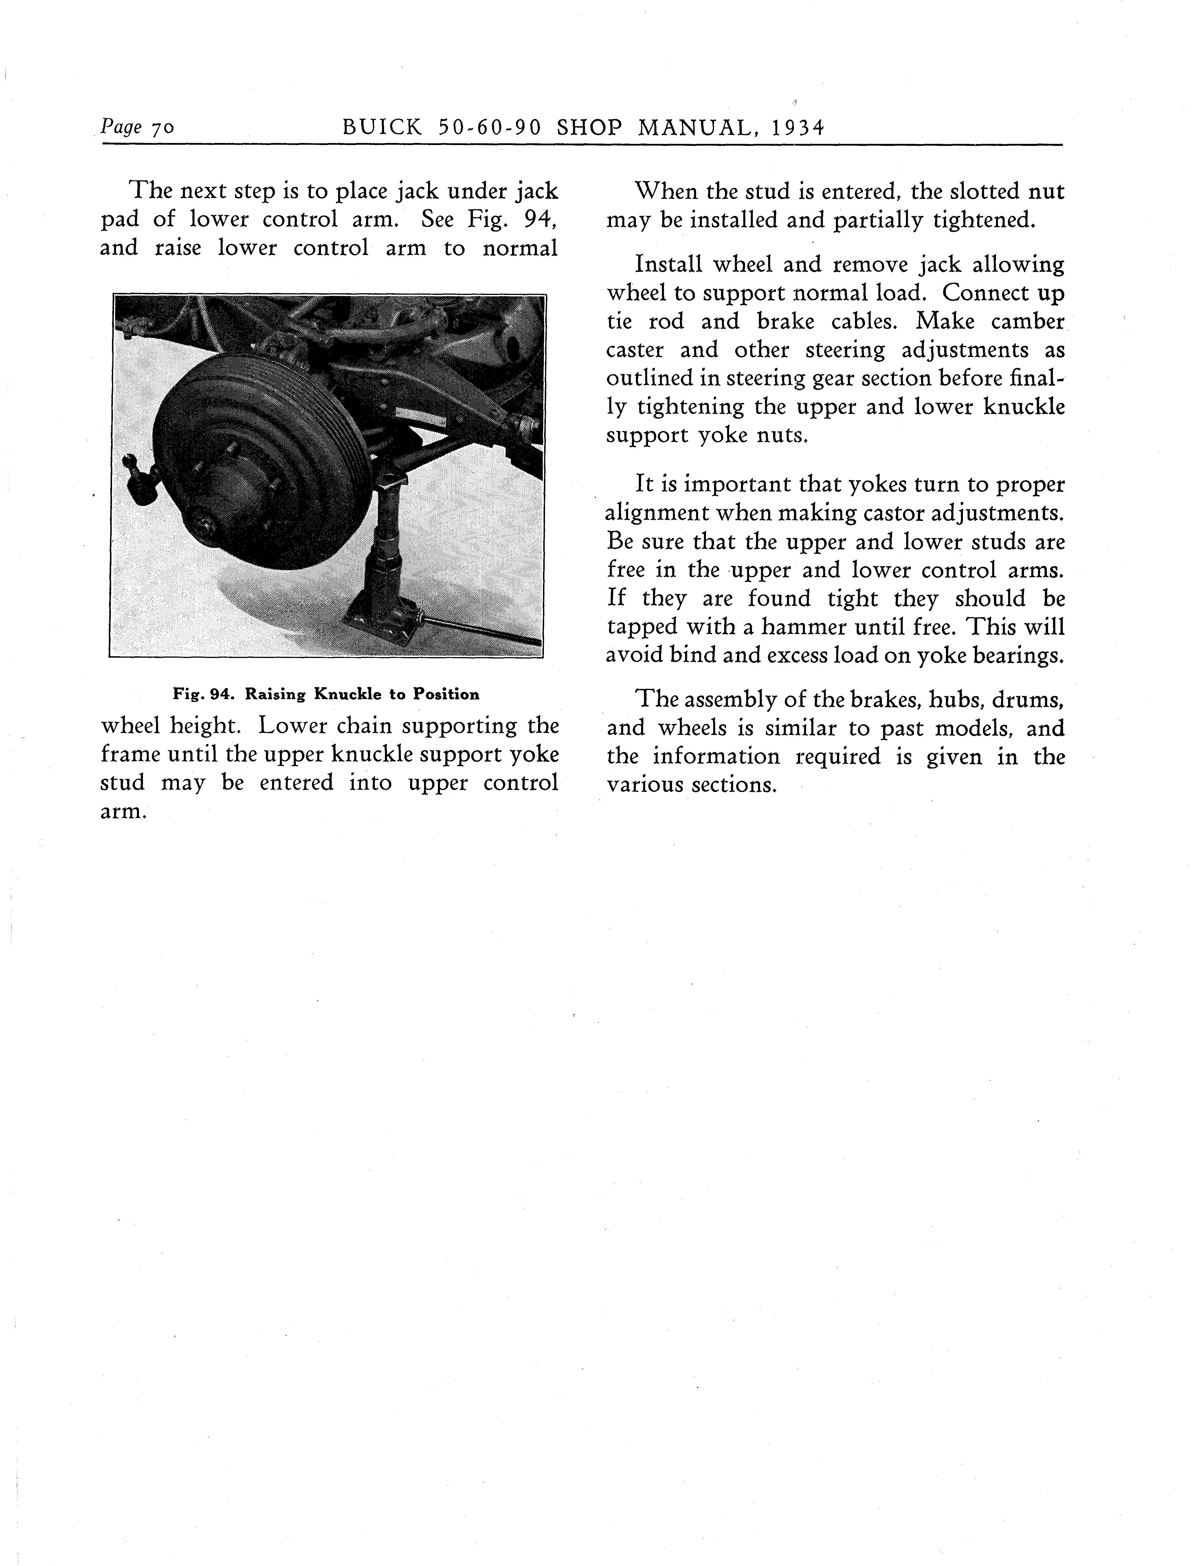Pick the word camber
coord(1027,322)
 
